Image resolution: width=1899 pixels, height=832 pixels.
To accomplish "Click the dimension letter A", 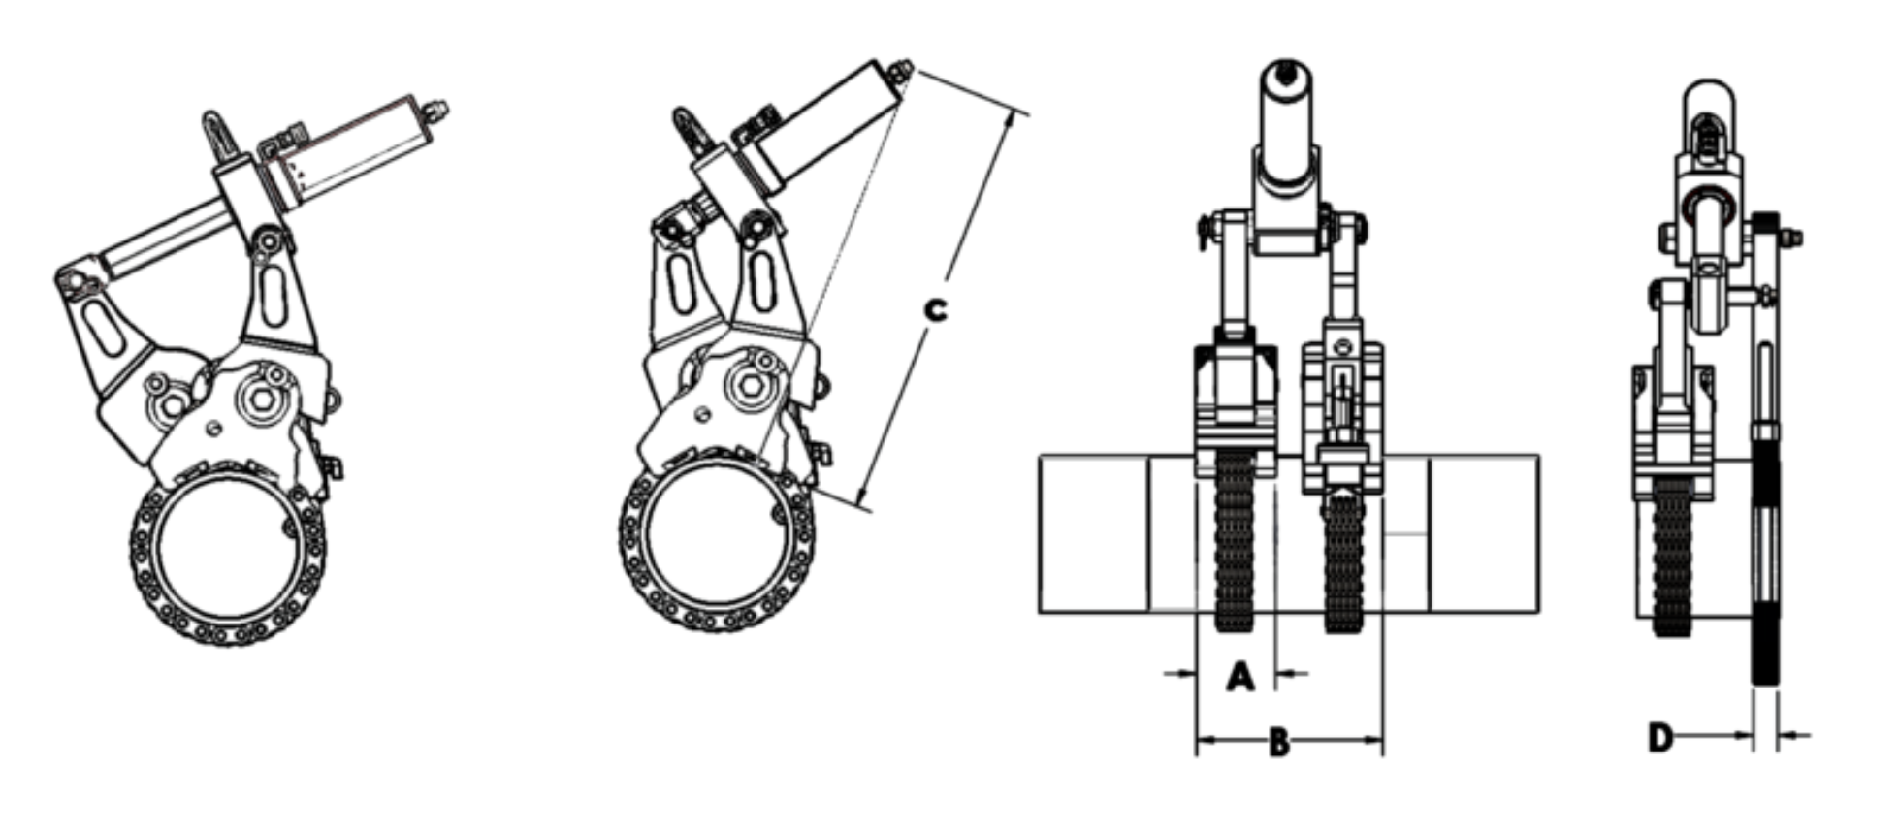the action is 1239,676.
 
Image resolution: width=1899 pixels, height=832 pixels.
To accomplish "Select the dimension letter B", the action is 1279,744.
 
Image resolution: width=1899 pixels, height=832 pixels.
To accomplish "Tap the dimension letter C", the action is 934,309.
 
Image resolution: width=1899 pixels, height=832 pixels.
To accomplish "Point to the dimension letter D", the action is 1660,738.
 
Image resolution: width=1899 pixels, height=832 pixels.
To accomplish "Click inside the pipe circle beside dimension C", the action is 717,543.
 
